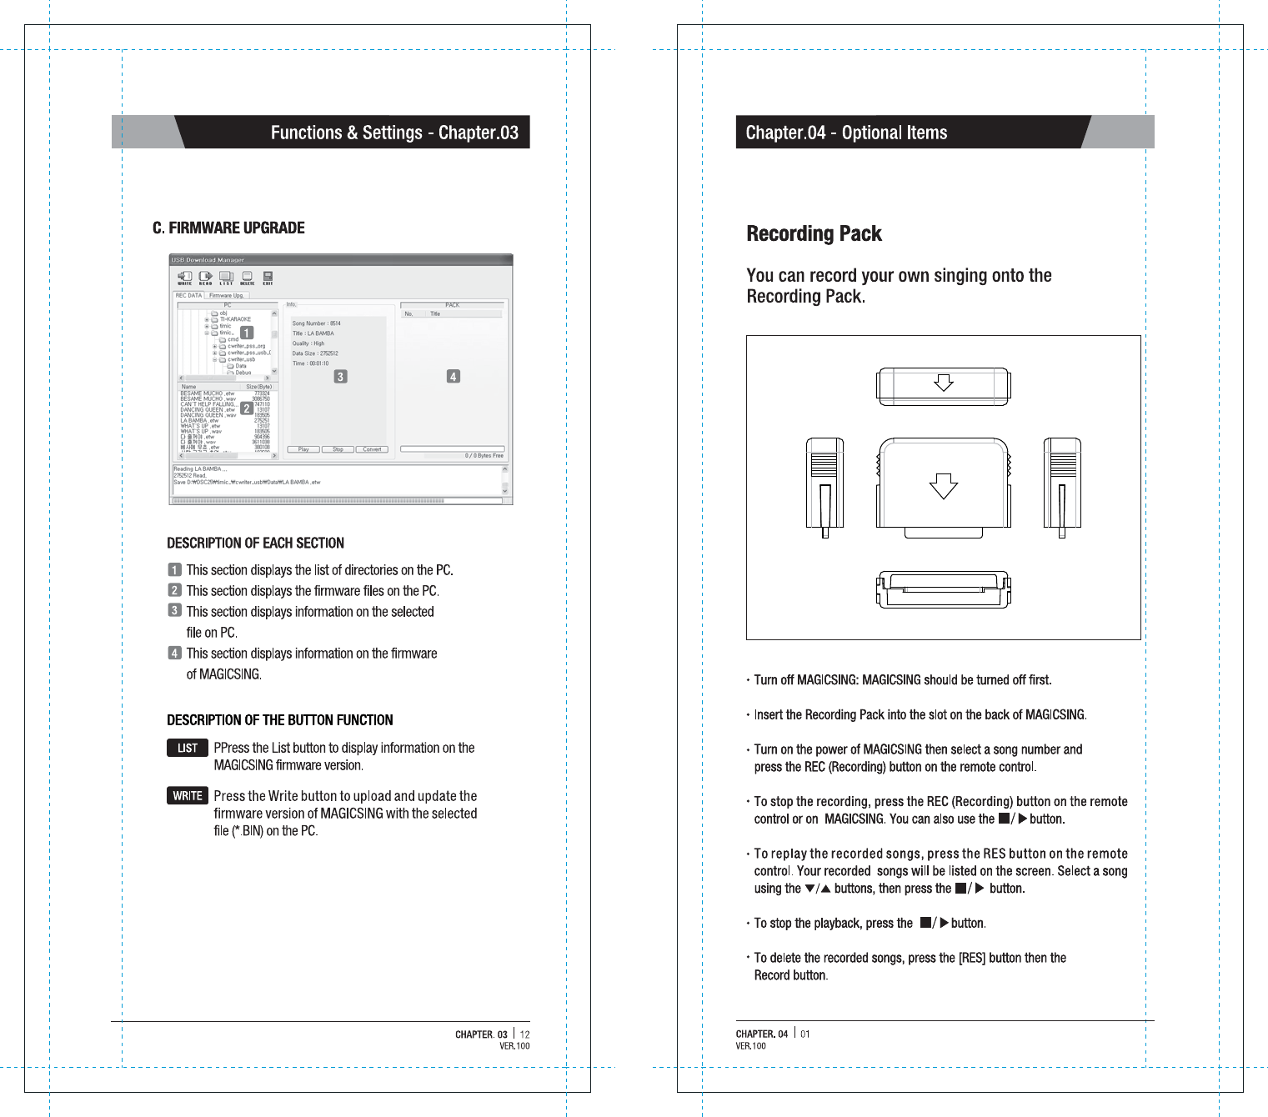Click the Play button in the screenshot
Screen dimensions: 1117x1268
tap(303, 449)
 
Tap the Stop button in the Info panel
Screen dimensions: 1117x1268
tap(338, 449)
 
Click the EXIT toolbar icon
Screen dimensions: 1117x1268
tap(268, 278)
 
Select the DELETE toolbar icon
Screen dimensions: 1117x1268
tap(248, 278)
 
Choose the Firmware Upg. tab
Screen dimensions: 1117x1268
tap(226, 296)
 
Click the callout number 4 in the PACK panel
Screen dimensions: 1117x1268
tap(453, 377)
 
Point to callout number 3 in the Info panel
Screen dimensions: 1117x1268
tap(340, 377)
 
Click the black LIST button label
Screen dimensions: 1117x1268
tap(188, 748)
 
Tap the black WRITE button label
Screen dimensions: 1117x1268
tap(188, 796)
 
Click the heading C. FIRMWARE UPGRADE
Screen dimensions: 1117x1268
tap(228, 228)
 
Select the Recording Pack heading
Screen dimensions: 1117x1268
tap(814, 234)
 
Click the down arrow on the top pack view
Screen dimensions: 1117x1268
tap(943, 383)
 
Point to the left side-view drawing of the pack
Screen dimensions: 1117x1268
tap(824, 485)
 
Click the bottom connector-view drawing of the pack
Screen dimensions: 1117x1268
tap(943, 589)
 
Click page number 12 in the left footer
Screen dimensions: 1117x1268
tap(525, 1034)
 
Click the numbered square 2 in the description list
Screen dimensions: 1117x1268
tap(174, 590)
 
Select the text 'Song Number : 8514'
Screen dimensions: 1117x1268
tap(316, 323)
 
